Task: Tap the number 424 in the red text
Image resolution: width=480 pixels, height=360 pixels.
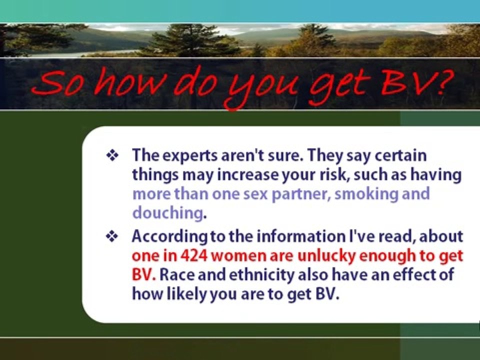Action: (x=194, y=255)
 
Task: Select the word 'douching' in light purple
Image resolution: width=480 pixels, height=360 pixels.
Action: (x=167, y=212)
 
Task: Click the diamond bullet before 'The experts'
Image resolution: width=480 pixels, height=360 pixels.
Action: (x=112, y=155)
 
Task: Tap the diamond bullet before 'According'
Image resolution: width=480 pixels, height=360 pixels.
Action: (x=112, y=236)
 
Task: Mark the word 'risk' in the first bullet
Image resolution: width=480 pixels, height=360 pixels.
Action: (x=335, y=175)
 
